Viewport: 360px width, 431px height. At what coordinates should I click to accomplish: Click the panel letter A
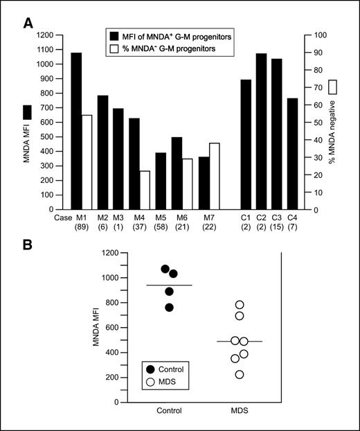click(28, 24)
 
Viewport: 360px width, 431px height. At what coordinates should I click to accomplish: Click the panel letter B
click(28, 243)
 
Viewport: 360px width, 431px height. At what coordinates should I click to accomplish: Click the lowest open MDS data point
click(240, 375)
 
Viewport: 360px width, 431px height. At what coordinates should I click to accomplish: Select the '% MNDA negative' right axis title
click(332, 125)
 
